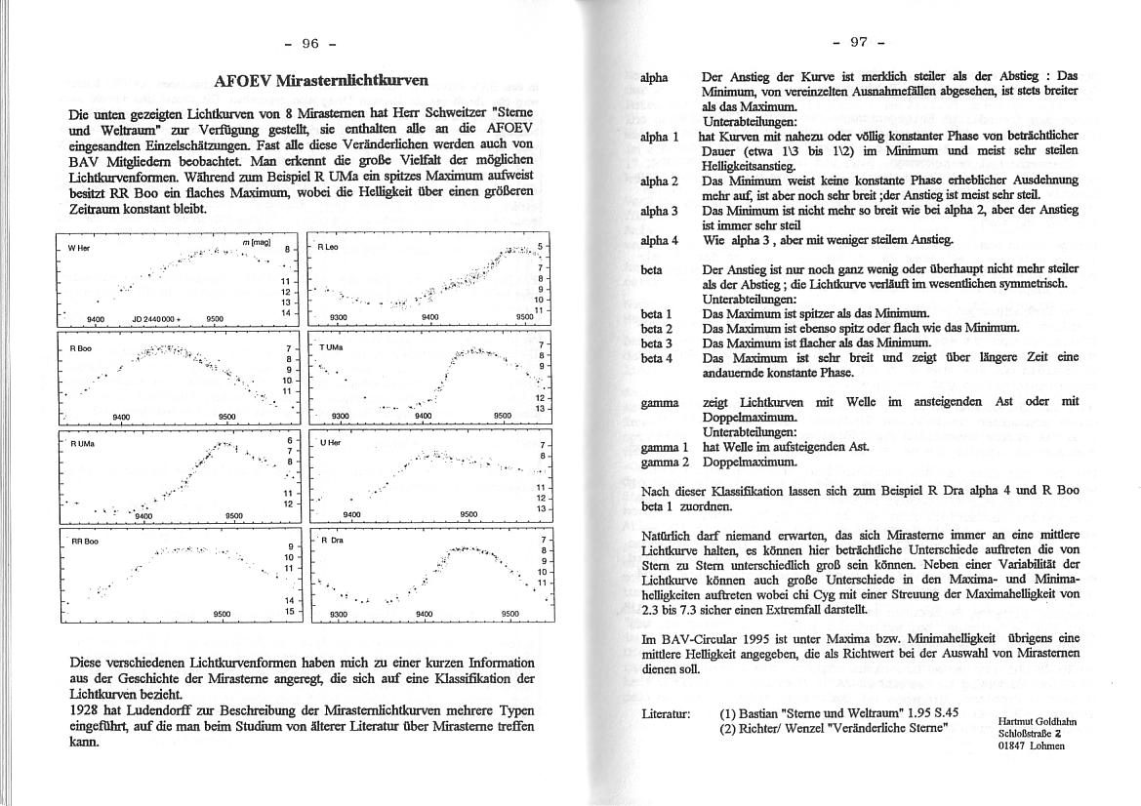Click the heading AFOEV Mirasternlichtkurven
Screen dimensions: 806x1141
(x=317, y=81)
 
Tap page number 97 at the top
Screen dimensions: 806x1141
(x=859, y=42)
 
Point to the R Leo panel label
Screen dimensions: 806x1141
(x=327, y=248)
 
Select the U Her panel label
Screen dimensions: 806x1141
(x=329, y=444)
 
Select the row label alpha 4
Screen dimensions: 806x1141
(x=659, y=240)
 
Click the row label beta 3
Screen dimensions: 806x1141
(x=656, y=343)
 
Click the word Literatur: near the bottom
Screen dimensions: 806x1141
(x=666, y=714)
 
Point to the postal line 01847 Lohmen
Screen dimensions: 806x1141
(x=1031, y=746)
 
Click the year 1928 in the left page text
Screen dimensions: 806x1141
(x=85, y=710)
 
